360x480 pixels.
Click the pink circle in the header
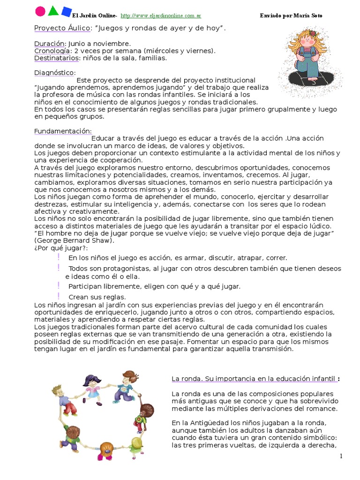click(x=41, y=11)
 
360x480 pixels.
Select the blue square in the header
click(x=67, y=11)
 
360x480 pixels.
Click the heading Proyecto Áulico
click(x=62, y=28)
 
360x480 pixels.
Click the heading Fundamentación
click(x=63, y=131)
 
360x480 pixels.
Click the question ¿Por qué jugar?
click(x=61, y=247)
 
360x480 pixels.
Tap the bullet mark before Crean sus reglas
click(x=59, y=296)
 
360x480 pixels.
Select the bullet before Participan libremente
click(x=59, y=285)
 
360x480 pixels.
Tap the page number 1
click(x=341, y=456)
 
